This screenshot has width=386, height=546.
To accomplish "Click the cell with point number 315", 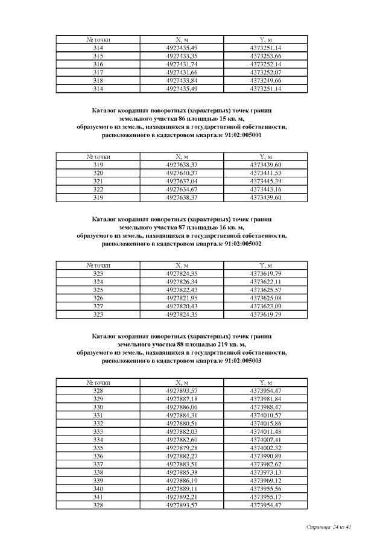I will [x=98, y=56].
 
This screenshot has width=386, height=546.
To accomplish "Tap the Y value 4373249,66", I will [x=265, y=80].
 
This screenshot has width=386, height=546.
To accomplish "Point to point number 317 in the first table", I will [x=98, y=72].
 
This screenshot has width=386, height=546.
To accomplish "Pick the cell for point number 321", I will [x=98, y=181].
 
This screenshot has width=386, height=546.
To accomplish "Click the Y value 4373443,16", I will [x=265, y=189].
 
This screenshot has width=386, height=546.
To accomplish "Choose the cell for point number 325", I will [x=98, y=290].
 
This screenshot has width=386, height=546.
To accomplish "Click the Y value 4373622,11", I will [x=265, y=282].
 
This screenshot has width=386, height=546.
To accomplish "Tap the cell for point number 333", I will [x=98, y=432].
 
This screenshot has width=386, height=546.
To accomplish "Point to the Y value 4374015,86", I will [x=265, y=424].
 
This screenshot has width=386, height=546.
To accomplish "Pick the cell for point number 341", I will [x=98, y=497].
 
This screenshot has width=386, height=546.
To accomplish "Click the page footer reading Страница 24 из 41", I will [x=329, y=527].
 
